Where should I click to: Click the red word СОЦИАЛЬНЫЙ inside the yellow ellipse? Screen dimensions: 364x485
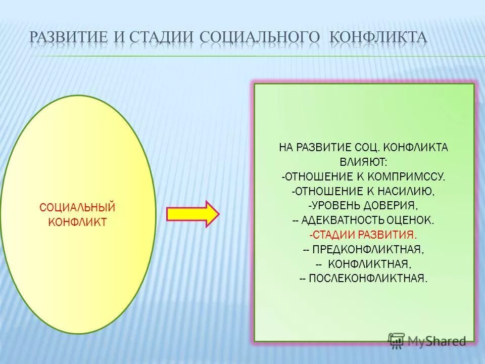coord(77,208)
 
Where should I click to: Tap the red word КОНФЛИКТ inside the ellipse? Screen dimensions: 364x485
coord(77,222)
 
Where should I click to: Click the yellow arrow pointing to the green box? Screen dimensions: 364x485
coord(192,214)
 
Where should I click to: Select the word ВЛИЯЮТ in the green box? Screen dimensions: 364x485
coord(363,162)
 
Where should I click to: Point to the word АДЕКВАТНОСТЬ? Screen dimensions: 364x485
coord(344,220)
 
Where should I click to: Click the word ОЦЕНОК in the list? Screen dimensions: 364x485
coord(410,220)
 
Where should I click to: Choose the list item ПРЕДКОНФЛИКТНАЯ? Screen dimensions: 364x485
coord(368,250)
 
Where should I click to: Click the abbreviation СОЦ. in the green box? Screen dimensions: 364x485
coord(365,148)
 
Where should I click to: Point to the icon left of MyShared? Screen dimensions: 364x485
coord(396,341)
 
